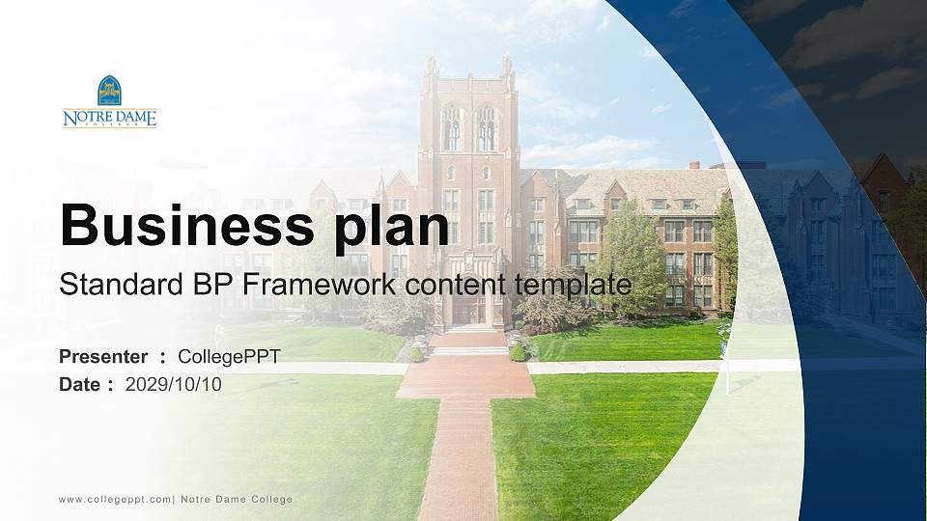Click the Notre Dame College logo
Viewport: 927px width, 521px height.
coord(109,101)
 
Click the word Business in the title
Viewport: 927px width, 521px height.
coord(186,225)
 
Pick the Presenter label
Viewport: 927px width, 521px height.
coord(103,357)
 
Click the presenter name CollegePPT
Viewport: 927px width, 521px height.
coord(230,357)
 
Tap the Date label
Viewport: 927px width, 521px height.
coord(79,385)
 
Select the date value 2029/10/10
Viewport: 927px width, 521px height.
coord(173,385)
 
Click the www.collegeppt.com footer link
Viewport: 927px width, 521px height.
coord(115,500)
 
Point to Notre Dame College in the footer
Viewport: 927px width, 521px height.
coord(237,500)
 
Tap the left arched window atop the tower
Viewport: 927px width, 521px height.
coord(451,127)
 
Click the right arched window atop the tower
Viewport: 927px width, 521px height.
coord(486,127)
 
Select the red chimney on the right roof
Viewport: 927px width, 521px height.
coord(695,165)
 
